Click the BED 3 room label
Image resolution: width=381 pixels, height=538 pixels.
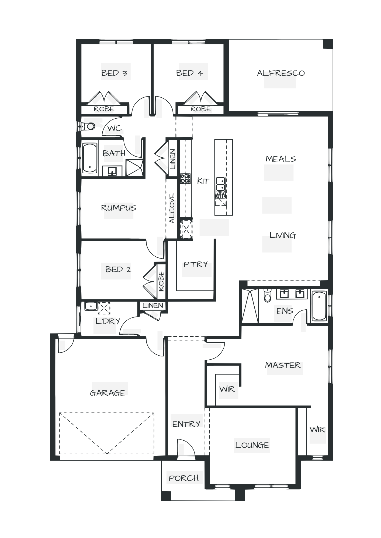pos(114,73)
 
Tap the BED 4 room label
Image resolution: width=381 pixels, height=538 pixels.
pos(189,73)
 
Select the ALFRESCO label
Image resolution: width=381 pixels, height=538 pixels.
pos(281,73)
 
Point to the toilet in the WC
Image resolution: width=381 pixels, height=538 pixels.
pos(89,126)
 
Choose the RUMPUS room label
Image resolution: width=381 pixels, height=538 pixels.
pos(119,208)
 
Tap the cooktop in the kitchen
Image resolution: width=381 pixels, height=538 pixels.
pos(185,179)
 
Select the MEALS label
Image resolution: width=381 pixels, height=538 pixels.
pos(281,159)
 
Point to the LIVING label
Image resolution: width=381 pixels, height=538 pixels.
pos(282,236)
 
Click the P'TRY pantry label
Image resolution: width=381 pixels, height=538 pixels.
pos(196,265)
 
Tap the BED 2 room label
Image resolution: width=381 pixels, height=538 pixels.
pos(118,269)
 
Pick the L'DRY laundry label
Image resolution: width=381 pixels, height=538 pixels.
pos(108,321)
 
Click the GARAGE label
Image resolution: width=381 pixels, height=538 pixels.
pos(108,393)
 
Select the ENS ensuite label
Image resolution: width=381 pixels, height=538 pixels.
pos(285,311)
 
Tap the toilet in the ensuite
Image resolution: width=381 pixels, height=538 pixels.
pos(267,296)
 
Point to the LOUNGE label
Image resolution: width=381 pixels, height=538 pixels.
pos(252,445)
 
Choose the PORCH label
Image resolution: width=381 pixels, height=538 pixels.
pos(184,478)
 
